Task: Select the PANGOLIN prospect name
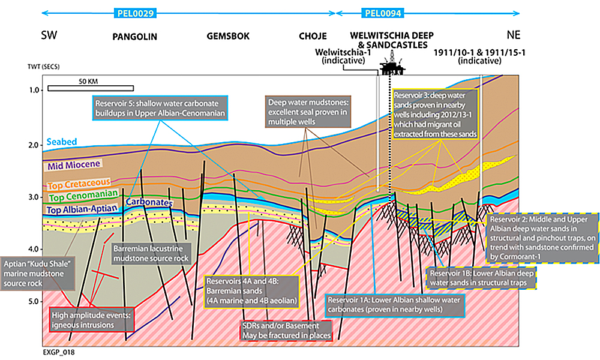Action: [134, 37]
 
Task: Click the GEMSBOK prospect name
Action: [227, 37]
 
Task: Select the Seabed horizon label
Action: [61, 142]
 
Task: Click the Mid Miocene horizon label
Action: [71, 163]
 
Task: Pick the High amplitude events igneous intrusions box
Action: [88, 320]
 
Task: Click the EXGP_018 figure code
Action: [58, 353]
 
